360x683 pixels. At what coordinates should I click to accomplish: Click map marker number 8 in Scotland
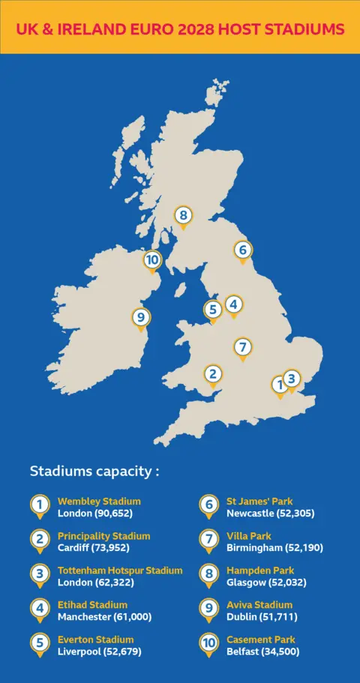tap(184, 216)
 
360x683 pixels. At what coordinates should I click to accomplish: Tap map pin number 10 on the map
tap(152, 260)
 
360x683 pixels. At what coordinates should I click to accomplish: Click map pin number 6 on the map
tap(241, 250)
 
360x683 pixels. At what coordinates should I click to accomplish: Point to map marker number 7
tap(241, 348)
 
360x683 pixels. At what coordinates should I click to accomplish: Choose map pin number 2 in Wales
tap(213, 374)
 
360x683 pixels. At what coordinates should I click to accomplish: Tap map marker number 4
tap(234, 304)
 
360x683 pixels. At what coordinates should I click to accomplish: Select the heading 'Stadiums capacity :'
tap(94, 472)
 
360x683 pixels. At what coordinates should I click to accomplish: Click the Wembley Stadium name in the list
tap(99, 502)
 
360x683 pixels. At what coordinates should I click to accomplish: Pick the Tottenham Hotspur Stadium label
tap(120, 571)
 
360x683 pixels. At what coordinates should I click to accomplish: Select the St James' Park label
tap(260, 502)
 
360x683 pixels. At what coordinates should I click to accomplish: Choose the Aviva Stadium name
tap(259, 605)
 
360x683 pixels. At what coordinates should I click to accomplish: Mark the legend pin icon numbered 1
tap(39, 506)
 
